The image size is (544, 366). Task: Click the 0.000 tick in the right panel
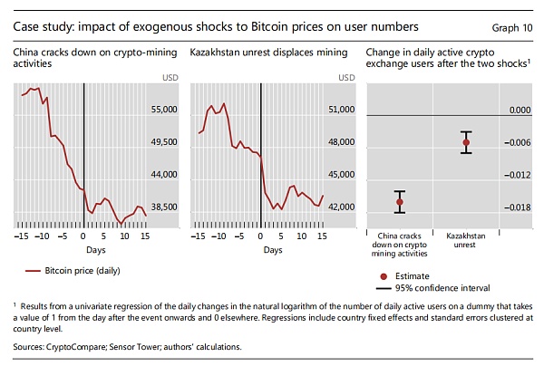coord(519,110)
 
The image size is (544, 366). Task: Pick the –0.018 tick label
coord(517,207)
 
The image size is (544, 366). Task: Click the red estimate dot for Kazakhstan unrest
coord(466,142)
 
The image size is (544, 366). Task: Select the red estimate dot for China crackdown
coord(399,201)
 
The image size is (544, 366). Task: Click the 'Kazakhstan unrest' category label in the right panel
coord(466,239)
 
